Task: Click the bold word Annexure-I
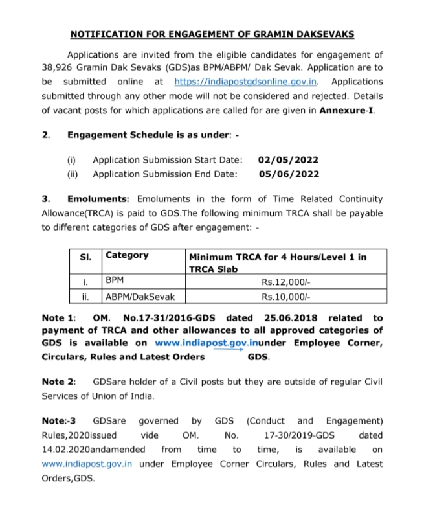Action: [x=346, y=110]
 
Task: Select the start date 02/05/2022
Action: [x=288, y=160]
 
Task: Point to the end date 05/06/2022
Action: [x=288, y=174]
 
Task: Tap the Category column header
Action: [x=127, y=255]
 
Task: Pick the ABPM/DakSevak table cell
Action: [x=135, y=297]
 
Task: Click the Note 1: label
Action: [x=59, y=318]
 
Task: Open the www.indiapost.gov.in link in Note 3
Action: [x=87, y=464]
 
